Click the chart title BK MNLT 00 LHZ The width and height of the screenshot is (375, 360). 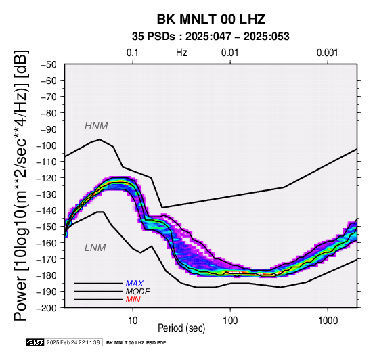pyautogui.click(x=211, y=19)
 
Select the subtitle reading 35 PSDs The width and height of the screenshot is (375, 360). pyautogui.click(x=154, y=37)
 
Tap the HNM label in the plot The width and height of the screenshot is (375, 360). pyautogui.click(x=96, y=126)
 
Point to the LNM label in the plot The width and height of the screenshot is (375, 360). pyautogui.click(x=95, y=248)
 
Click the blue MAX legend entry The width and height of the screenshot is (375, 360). pyautogui.click(x=135, y=284)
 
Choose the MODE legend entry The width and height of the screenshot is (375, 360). pyautogui.click(x=138, y=292)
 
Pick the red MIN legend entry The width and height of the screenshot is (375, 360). pyautogui.click(x=133, y=300)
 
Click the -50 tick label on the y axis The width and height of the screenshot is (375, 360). pyautogui.click(x=48, y=64)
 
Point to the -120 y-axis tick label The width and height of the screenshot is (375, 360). pyautogui.click(x=46, y=178)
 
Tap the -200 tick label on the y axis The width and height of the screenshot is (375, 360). pyautogui.click(x=46, y=308)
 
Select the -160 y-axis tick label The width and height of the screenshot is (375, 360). pyautogui.click(x=46, y=243)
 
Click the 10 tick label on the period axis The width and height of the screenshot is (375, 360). pyautogui.click(x=133, y=321)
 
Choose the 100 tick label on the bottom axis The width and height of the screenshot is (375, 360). pyautogui.click(x=230, y=321)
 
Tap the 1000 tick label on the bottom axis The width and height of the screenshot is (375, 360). pyautogui.click(x=328, y=321)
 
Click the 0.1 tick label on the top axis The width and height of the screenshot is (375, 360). pyautogui.click(x=133, y=53)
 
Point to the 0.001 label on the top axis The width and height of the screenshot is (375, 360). pyautogui.click(x=327, y=53)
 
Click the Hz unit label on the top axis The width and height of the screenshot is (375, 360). pyautogui.click(x=181, y=53)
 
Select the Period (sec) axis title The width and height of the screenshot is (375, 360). pyautogui.click(x=181, y=328)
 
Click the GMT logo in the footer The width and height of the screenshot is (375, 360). pyautogui.click(x=35, y=342)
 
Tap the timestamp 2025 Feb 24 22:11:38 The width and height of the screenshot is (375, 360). pyautogui.click(x=73, y=342)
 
